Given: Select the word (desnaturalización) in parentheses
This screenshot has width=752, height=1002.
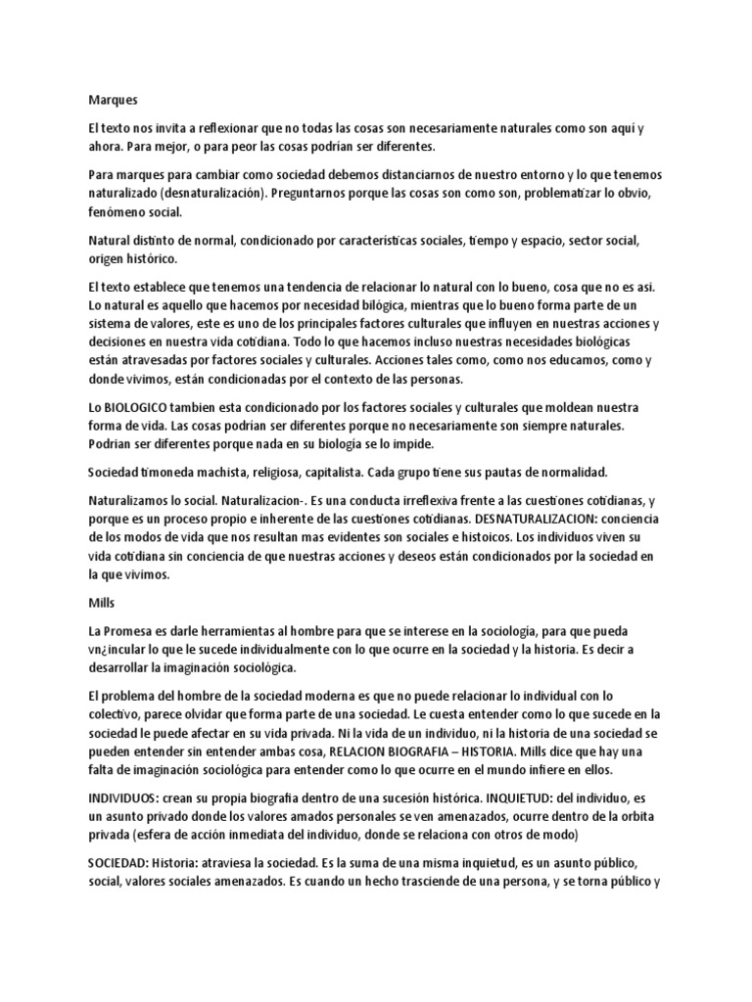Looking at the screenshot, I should [x=215, y=194].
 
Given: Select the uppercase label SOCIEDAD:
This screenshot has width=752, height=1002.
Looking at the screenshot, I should [x=122, y=865].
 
